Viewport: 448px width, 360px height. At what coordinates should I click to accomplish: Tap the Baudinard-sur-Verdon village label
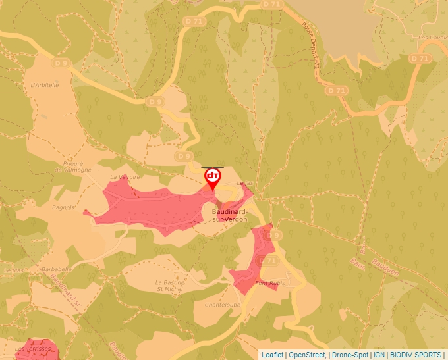(x=230, y=215)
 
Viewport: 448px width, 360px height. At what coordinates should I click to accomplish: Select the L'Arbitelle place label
(x=45, y=85)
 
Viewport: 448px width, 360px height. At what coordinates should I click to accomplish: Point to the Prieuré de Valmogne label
(x=68, y=167)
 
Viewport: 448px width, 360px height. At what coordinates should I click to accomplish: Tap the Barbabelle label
(x=55, y=269)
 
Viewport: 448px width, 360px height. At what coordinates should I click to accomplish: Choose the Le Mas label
(x=13, y=270)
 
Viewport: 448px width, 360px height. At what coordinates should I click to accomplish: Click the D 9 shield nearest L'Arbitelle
(x=61, y=63)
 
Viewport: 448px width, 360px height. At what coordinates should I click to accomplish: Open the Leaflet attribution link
(x=273, y=355)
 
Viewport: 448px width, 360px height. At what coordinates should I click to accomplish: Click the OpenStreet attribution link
(x=307, y=355)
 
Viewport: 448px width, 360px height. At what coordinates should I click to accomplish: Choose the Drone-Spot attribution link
(x=350, y=355)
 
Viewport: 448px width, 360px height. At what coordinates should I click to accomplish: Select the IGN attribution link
(x=379, y=355)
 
